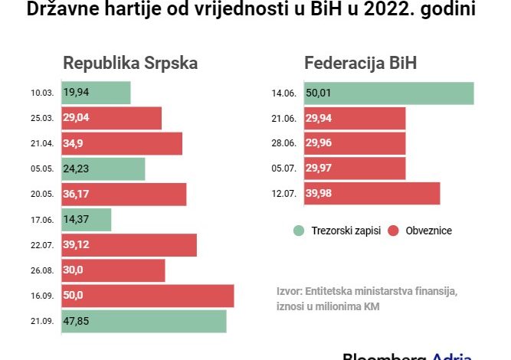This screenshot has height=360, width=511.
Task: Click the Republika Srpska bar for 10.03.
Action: pyautogui.click(x=96, y=93)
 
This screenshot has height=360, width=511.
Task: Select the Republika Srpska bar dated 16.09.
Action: pyautogui.click(x=147, y=296)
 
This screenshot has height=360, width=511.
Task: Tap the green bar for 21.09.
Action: pyautogui.click(x=144, y=321)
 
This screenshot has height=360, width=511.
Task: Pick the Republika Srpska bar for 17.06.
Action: pyautogui.click(x=86, y=220)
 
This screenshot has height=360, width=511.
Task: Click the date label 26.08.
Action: pyautogui.click(x=42, y=270)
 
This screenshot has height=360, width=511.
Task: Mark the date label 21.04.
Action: pyautogui.click(x=42, y=144)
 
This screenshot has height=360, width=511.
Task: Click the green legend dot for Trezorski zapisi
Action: pyautogui.click(x=296, y=231)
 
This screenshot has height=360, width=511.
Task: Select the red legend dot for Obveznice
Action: pyautogui.click(x=395, y=231)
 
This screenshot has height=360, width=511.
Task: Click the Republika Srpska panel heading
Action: pyautogui.click(x=130, y=64)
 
